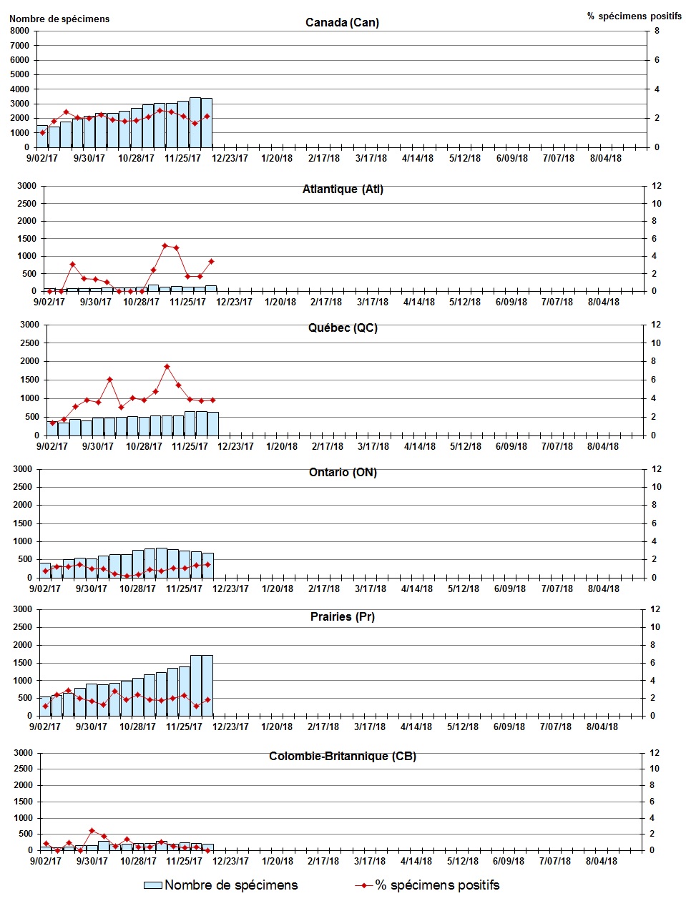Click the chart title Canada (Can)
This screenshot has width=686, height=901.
point(342,22)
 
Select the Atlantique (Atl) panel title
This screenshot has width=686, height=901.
point(343,189)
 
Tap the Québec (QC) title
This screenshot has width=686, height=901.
point(343,328)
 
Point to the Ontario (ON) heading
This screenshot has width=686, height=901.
point(343,473)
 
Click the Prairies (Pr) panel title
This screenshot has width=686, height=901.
point(343,616)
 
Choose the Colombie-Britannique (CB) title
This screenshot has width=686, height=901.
point(343,756)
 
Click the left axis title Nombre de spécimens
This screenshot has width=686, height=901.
point(59,19)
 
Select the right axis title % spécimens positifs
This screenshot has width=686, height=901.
point(634,16)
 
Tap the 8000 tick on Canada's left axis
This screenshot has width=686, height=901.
point(19,31)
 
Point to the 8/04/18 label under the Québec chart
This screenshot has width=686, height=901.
point(603,446)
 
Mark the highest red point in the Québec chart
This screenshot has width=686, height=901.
point(167,367)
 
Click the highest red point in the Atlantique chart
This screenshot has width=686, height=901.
point(165,245)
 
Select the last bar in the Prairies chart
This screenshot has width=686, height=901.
point(207,685)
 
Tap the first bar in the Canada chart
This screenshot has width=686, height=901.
point(42,137)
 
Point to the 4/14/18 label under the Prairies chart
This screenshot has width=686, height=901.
point(416,727)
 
